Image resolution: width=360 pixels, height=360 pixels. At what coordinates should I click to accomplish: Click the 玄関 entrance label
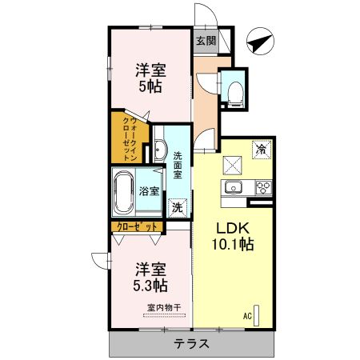[x=205, y=40]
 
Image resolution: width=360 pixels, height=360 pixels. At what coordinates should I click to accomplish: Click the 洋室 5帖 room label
[x=150, y=78]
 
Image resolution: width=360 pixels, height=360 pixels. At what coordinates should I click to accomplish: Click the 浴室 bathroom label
[x=149, y=192]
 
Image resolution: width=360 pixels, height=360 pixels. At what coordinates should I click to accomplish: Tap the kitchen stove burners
[x=263, y=188]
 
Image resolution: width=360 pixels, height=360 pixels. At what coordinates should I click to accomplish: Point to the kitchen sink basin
[x=234, y=188]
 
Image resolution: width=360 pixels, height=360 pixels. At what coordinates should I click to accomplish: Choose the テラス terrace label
[x=191, y=345]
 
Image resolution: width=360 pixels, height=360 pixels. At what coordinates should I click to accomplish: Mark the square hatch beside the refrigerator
[x=234, y=164]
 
